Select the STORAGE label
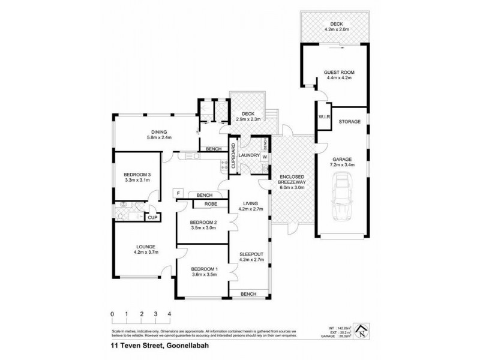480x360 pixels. coord(349,122)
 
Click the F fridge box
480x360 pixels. coord(178,193)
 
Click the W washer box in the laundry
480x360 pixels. coord(264,158)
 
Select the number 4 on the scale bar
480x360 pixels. coord(170,314)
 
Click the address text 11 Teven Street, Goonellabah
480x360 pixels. coord(151,346)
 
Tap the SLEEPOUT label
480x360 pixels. coord(248,254)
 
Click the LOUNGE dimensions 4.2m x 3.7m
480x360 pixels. coord(146,252)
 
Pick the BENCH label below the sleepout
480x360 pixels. coord(248,294)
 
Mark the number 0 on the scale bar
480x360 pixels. coord(112,314)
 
